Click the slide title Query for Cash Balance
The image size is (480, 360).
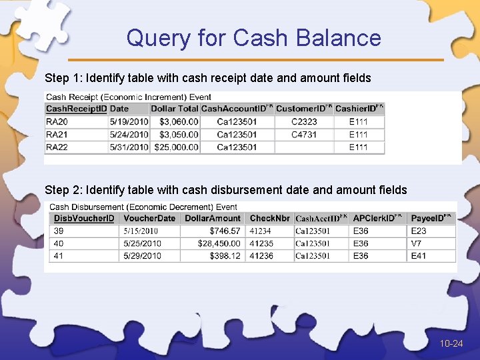253,37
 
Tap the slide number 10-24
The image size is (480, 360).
451,343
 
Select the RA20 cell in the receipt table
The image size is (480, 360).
57,121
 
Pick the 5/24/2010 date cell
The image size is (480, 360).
129,134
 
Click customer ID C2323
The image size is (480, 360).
304,121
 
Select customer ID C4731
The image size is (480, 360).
304,134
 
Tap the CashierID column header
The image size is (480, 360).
359,109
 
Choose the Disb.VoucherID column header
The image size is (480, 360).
84,218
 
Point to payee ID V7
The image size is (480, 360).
416,243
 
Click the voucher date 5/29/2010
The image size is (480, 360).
142,256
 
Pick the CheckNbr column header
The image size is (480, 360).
269,218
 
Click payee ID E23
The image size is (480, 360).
419,231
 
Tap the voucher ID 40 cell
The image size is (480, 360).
59,243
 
